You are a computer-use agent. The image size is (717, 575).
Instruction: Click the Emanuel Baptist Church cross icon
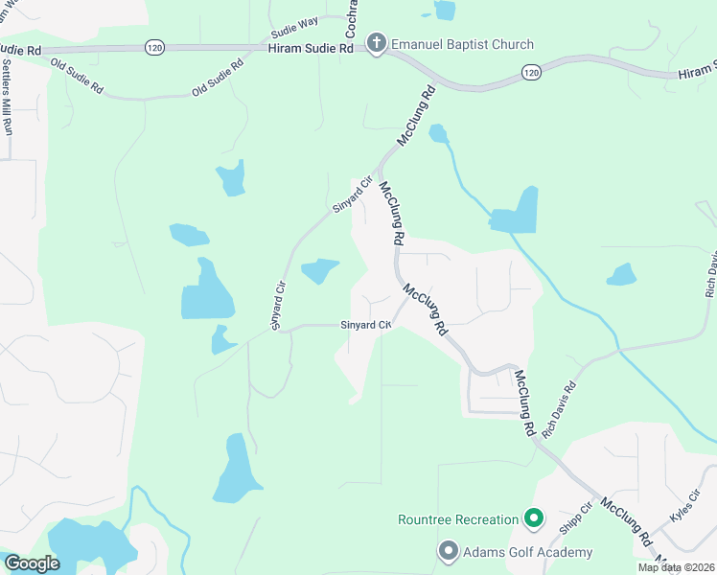point(376,43)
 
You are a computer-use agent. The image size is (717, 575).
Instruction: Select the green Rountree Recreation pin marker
point(535,520)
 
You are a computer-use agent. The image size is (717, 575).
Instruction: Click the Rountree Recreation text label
point(458,520)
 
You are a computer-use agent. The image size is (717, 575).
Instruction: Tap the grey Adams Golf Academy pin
point(447,552)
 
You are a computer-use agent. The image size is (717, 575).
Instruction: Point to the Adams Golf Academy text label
point(526,552)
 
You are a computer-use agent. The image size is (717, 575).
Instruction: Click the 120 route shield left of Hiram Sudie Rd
point(153,46)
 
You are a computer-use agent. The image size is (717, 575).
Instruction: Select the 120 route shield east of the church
point(530,71)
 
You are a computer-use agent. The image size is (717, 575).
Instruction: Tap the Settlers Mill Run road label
point(8,96)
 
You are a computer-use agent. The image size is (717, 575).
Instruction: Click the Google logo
point(32,563)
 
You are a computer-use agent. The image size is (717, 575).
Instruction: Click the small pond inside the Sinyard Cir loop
point(319,271)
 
